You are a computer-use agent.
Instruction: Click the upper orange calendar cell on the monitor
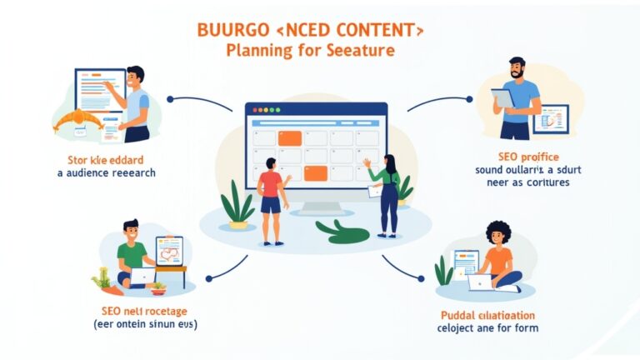point(289,138)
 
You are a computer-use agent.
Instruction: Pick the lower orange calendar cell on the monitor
point(314,172)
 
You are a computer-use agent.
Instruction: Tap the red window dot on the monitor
point(253,110)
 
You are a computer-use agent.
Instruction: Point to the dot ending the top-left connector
point(170,99)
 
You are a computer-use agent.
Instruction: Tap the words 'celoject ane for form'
point(487,327)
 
